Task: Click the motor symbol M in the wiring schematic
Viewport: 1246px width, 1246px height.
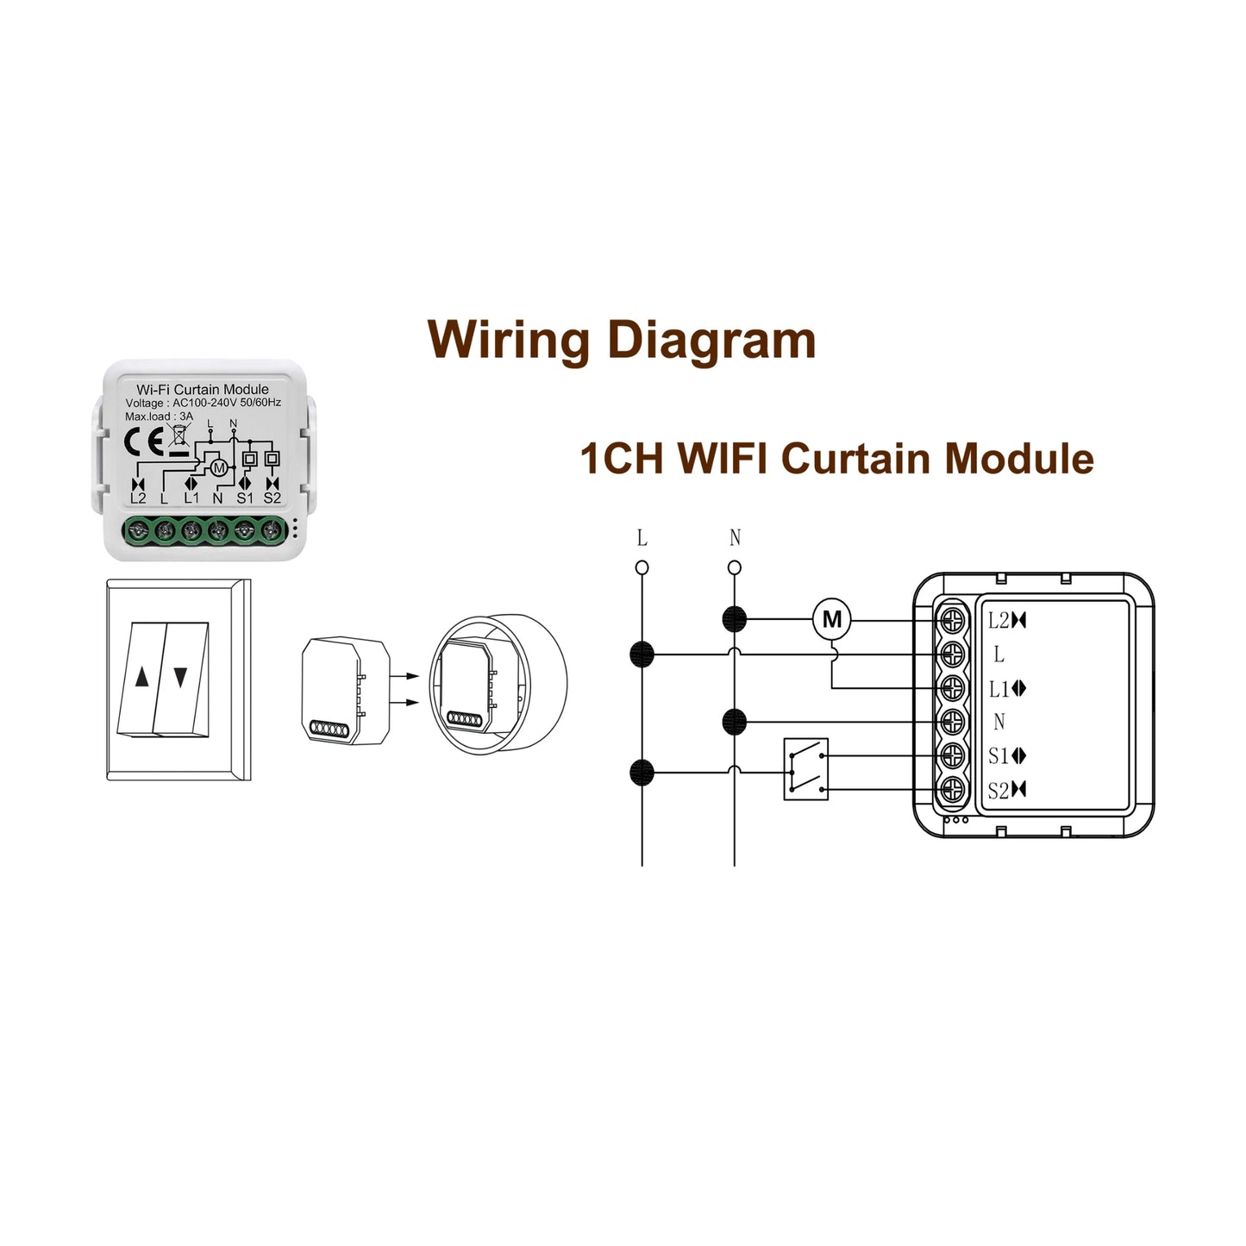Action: click(831, 619)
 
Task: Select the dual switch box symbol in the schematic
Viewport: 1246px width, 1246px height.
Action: click(805, 769)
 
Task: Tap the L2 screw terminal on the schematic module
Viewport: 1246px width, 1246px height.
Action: click(952, 620)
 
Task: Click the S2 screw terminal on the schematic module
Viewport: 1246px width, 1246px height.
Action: click(952, 789)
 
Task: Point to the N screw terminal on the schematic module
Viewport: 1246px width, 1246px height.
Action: click(952, 721)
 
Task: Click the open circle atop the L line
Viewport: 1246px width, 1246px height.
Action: click(642, 567)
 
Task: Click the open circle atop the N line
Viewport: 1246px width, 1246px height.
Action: click(735, 567)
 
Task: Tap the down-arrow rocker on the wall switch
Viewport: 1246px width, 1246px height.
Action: click(180, 679)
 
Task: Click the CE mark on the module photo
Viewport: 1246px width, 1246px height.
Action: click(144, 442)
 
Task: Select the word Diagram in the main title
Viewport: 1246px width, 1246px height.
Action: click(711, 340)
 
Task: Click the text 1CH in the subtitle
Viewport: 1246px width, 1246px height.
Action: click(622, 459)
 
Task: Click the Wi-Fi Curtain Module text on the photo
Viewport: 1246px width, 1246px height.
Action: click(203, 390)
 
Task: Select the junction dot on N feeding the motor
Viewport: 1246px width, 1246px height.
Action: click(734, 619)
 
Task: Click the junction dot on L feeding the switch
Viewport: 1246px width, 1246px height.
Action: click(642, 773)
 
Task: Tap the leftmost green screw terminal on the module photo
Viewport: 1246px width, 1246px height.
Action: click(137, 529)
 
